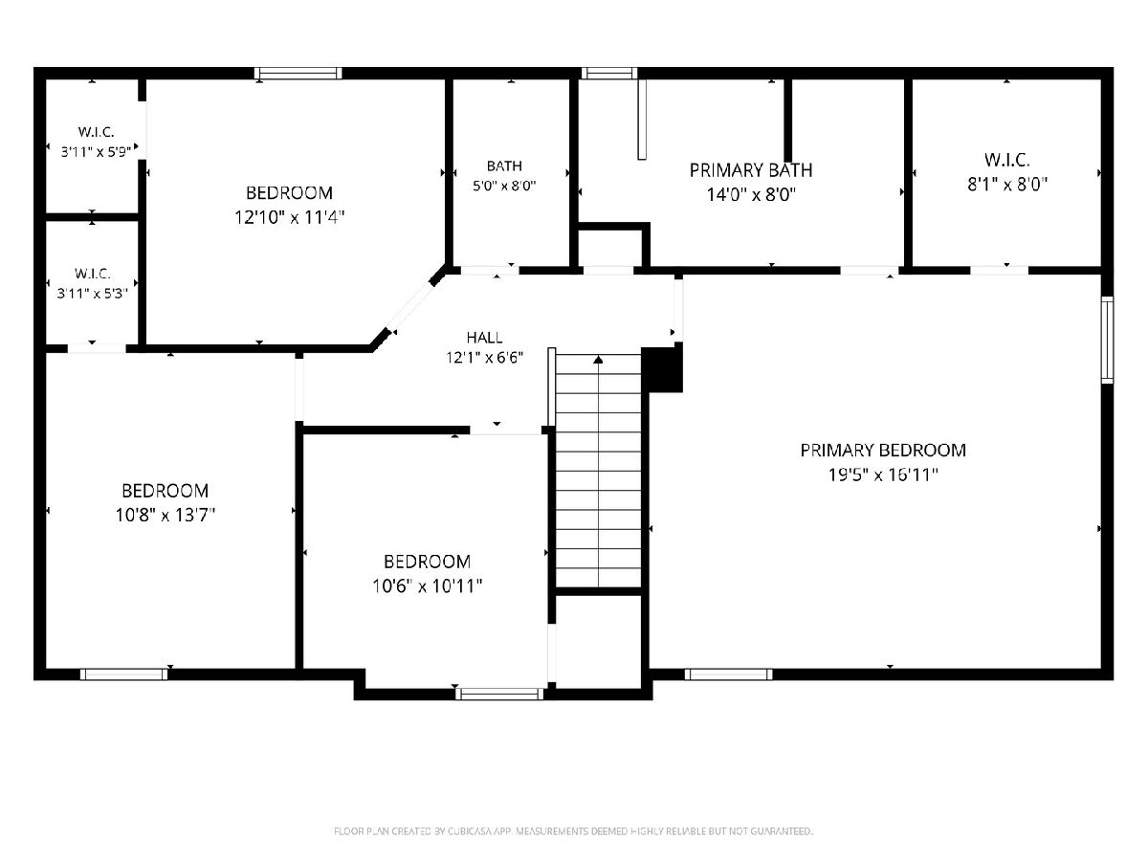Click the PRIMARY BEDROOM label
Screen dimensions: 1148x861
[x=883, y=450]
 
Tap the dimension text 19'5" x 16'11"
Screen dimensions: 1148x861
[x=883, y=475]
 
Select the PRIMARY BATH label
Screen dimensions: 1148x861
[x=751, y=170]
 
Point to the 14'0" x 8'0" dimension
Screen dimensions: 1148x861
[x=751, y=195]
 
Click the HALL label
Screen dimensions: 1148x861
[x=484, y=337]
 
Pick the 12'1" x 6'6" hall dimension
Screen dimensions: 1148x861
[x=484, y=358]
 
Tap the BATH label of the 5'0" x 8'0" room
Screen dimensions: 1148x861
[x=504, y=166]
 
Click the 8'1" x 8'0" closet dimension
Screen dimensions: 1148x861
[x=1006, y=184]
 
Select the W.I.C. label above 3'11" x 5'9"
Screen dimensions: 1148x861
[x=96, y=132]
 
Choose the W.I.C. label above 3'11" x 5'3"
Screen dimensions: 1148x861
[x=93, y=274]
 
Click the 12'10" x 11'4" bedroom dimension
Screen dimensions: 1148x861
[x=289, y=217]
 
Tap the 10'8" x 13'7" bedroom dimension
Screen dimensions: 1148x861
[x=166, y=516]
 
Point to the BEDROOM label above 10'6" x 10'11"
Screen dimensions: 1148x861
[x=427, y=562]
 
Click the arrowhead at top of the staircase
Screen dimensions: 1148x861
[x=598, y=359]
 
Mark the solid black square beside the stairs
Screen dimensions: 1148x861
[x=662, y=368]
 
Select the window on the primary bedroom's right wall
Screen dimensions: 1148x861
[x=1107, y=340]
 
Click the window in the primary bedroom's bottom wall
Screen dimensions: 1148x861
[x=729, y=674]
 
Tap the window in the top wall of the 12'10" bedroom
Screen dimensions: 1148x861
[x=298, y=74]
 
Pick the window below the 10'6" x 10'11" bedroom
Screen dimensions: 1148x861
[x=500, y=694]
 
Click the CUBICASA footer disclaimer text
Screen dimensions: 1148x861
[x=573, y=830]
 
